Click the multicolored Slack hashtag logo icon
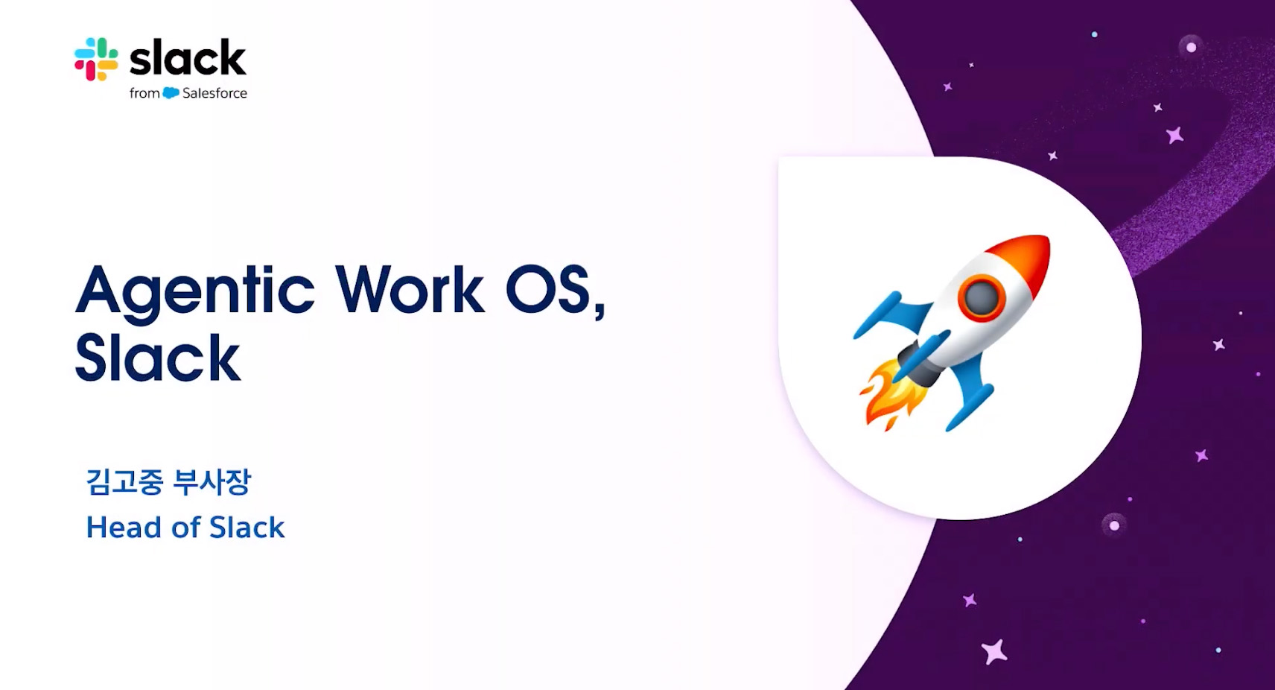pos(96,59)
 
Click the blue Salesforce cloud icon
pos(171,93)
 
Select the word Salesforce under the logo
pos(214,93)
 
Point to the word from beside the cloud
pos(144,93)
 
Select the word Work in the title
pos(410,288)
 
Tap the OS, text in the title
pos(556,291)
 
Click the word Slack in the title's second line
pos(158,357)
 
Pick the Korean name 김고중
pos(124,481)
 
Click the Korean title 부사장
pos(212,481)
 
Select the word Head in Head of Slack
pos(124,527)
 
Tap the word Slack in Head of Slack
pos(247,527)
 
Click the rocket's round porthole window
pos(982,297)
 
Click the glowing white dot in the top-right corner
pos(1191,48)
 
